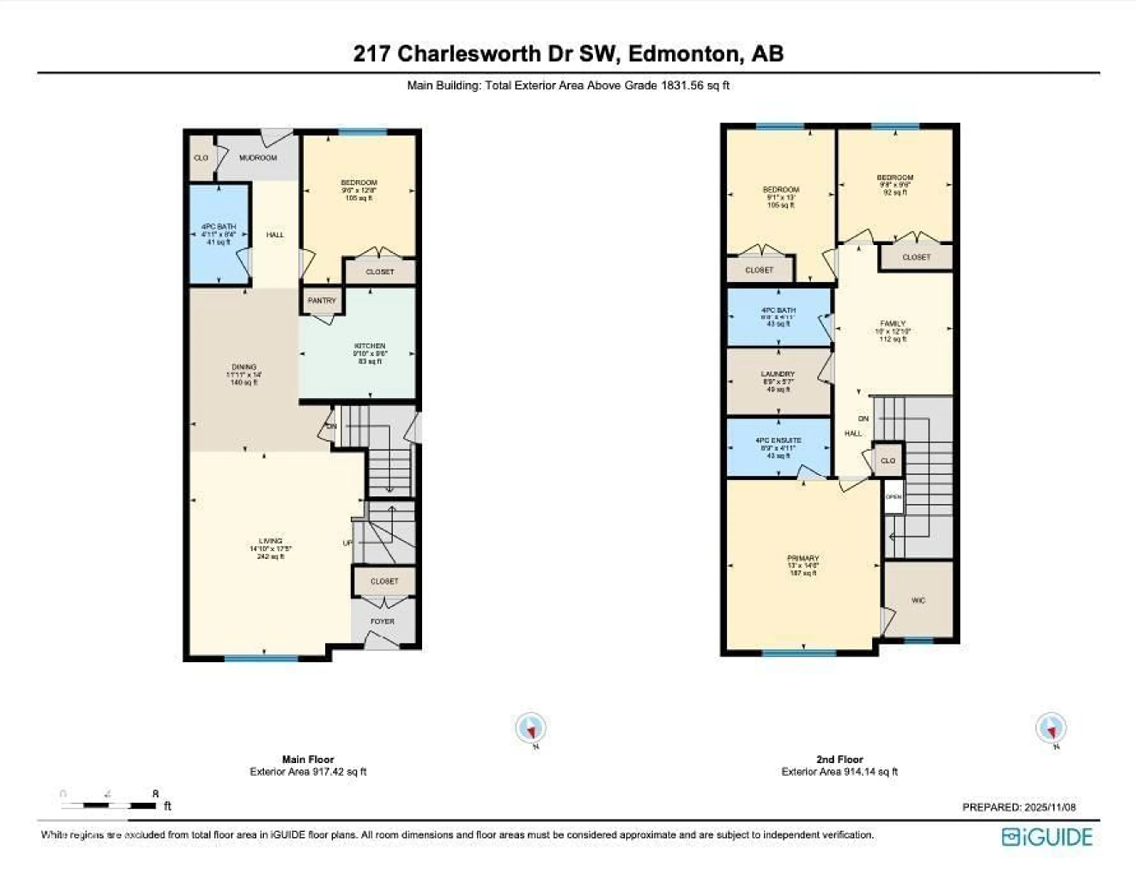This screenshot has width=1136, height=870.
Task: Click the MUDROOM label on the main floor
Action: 258,157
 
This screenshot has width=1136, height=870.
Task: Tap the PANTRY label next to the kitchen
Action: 322,300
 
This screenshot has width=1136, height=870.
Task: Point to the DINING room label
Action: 244,367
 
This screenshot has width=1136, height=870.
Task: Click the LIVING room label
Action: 270,541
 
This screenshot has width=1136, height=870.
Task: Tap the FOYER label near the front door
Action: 383,621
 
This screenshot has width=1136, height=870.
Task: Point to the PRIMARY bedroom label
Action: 803,558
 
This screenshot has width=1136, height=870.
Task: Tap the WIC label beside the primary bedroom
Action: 918,600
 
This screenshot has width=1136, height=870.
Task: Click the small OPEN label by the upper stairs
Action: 893,497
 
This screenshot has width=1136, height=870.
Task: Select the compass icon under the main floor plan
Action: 530,728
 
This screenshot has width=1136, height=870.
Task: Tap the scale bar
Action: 109,806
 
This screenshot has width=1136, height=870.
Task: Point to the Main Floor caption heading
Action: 308,759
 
